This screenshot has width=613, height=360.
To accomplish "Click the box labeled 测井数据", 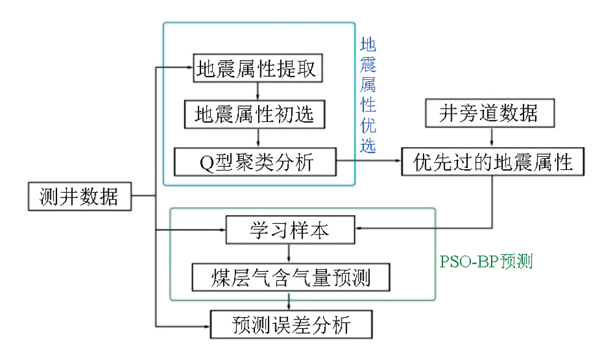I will pos(80,197).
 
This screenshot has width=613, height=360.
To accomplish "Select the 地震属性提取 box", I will pos(258,68).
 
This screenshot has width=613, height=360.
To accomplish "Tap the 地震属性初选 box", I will pos(258,114).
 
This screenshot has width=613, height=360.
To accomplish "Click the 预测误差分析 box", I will pos(291,324).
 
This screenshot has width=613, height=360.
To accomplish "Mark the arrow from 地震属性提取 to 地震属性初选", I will pos(258,91).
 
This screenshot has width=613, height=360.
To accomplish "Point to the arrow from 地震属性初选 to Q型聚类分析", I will pos(258,138).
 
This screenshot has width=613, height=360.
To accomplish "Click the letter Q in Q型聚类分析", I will pos(205,163).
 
